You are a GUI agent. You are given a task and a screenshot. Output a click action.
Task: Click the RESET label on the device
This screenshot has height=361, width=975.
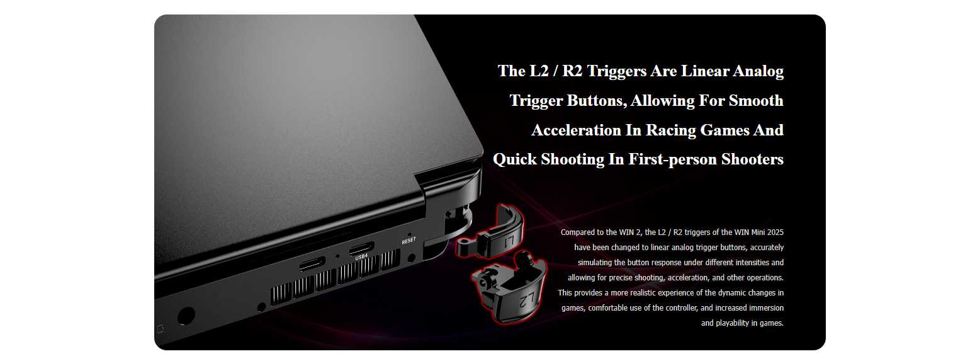409,241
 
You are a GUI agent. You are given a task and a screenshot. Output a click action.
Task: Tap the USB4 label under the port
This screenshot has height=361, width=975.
361,257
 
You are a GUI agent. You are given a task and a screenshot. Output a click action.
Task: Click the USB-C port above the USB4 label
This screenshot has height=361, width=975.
361,249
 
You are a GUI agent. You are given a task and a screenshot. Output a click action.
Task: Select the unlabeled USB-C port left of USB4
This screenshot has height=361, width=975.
312,264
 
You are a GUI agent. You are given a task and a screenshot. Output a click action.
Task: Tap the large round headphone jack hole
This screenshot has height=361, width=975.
186,316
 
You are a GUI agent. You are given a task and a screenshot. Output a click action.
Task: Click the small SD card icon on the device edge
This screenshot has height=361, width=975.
160,329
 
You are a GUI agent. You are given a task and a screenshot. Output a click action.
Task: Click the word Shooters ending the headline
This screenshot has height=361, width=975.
752,159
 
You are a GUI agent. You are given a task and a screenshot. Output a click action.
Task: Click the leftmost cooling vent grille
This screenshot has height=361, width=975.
281,294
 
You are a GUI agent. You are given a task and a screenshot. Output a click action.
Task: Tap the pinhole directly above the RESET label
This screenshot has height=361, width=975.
409,235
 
